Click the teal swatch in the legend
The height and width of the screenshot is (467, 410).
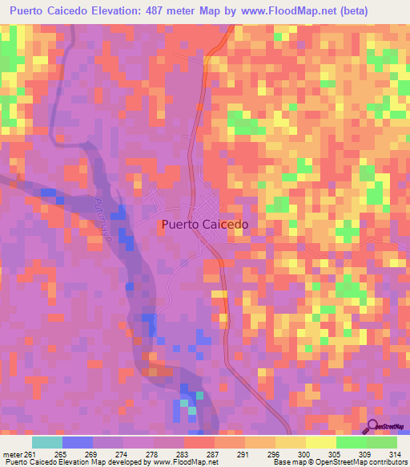(x=46, y=442)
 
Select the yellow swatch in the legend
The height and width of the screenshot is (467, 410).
(x=320, y=442)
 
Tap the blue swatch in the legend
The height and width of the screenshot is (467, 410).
(x=77, y=442)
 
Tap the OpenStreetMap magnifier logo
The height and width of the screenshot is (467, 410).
(x=374, y=427)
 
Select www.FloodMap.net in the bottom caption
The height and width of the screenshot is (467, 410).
(x=182, y=463)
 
